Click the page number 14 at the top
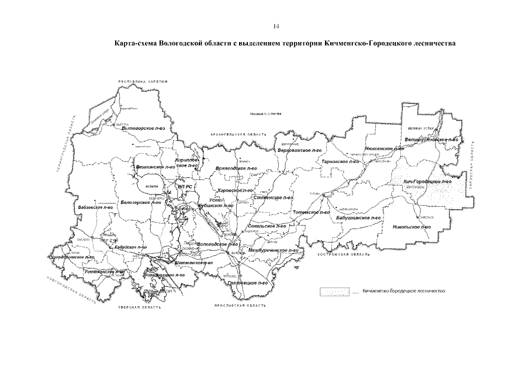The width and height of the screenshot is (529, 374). point(276,26)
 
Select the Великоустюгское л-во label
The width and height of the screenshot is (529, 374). point(431,140)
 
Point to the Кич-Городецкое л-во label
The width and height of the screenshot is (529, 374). point(427,182)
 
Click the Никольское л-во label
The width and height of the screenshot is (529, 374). point(412,226)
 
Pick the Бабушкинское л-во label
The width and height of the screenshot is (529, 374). point(358,217)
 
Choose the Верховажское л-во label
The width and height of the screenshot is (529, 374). point(300,150)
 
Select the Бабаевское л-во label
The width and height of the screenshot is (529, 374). point(95,207)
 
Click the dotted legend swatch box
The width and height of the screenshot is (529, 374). point(336,290)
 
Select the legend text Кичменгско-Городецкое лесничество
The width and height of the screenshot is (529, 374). point(403,290)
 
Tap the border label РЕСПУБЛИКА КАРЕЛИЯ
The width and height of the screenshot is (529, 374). point(143,81)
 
